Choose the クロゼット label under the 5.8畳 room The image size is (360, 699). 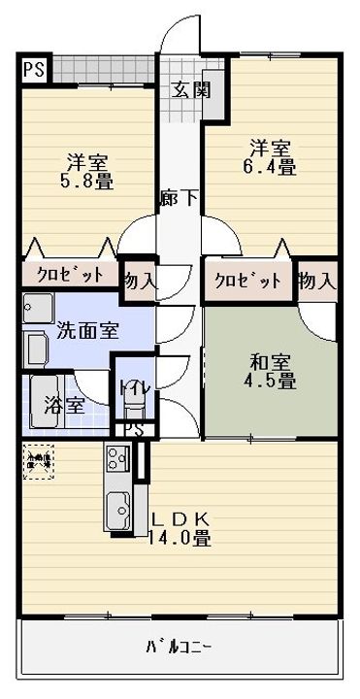(x=69, y=275)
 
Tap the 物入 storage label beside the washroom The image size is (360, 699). (x=139, y=282)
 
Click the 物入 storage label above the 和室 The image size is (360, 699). (x=317, y=281)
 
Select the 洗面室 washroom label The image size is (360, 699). (x=86, y=329)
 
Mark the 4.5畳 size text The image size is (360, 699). (x=270, y=382)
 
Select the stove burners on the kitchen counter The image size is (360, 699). (x=117, y=456)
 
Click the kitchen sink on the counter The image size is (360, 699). (x=119, y=507)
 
